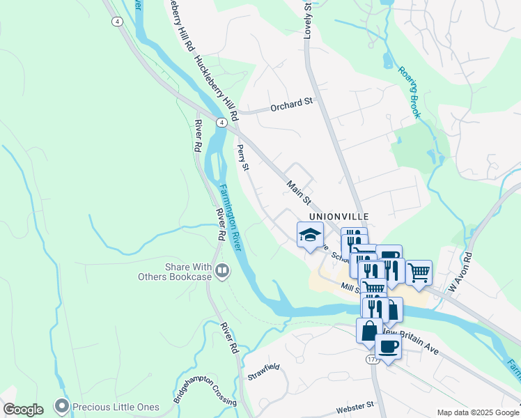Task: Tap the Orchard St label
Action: pyautogui.click(x=292, y=105)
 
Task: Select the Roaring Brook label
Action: pyautogui.click(x=410, y=92)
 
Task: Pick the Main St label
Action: pyautogui.click(x=298, y=190)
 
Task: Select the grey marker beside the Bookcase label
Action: pyautogui.click(x=223, y=269)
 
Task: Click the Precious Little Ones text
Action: pyautogui.click(x=116, y=407)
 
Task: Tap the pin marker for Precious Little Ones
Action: pyautogui.click(x=63, y=405)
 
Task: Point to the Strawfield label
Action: pyautogui.click(x=263, y=371)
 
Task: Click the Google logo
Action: pyautogui.click(x=23, y=409)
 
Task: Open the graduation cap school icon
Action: pyautogui.click(x=311, y=235)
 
